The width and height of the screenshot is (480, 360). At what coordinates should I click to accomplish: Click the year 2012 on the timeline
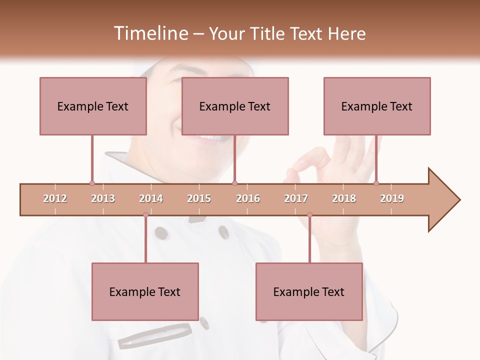pyautogui.click(x=55, y=198)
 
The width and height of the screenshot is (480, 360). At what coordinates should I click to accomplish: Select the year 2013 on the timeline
pyautogui.click(x=103, y=198)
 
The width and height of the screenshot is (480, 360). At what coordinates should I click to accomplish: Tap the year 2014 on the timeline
pyautogui.click(x=151, y=198)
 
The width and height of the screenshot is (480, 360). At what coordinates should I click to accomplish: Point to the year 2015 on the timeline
pyautogui.click(x=199, y=198)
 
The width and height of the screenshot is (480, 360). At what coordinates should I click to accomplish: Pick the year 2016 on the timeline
pyautogui.click(x=248, y=198)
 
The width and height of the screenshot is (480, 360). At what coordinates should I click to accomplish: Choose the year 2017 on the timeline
pyautogui.click(x=296, y=198)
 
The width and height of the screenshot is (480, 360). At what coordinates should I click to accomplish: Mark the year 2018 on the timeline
pyautogui.click(x=344, y=198)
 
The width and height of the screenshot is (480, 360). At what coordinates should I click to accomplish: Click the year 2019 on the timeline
pyautogui.click(x=392, y=198)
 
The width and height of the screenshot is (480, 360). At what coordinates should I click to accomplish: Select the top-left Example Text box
pyautogui.click(x=93, y=106)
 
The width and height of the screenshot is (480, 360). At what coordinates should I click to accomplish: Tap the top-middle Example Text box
pyautogui.click(x=235, y=106)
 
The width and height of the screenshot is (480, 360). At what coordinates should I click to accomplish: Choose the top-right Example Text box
pyautogui.click(x=377, y=106)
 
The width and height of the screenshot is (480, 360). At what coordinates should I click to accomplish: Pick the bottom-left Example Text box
pyautogui.click(x=145, y=291)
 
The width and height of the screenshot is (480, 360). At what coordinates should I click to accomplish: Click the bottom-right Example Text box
pyautogui.click(x=309, y=291)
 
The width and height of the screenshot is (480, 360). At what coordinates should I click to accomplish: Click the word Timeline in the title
pyautogui.click(x=150, y=33)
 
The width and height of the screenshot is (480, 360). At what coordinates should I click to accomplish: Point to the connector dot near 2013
pyautogui.click(x=92, y=183)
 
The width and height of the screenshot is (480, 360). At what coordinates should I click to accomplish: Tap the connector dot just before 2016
pyautogui.click(x=235, y=183)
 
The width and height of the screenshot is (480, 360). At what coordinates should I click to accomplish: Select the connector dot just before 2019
pyautogui.click(x=376, y=183)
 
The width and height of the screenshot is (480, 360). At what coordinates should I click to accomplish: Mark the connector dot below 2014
pyautogui.click(x=145, y=215)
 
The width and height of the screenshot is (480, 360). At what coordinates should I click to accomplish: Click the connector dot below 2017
pyautogui.click(x=309, y=215)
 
